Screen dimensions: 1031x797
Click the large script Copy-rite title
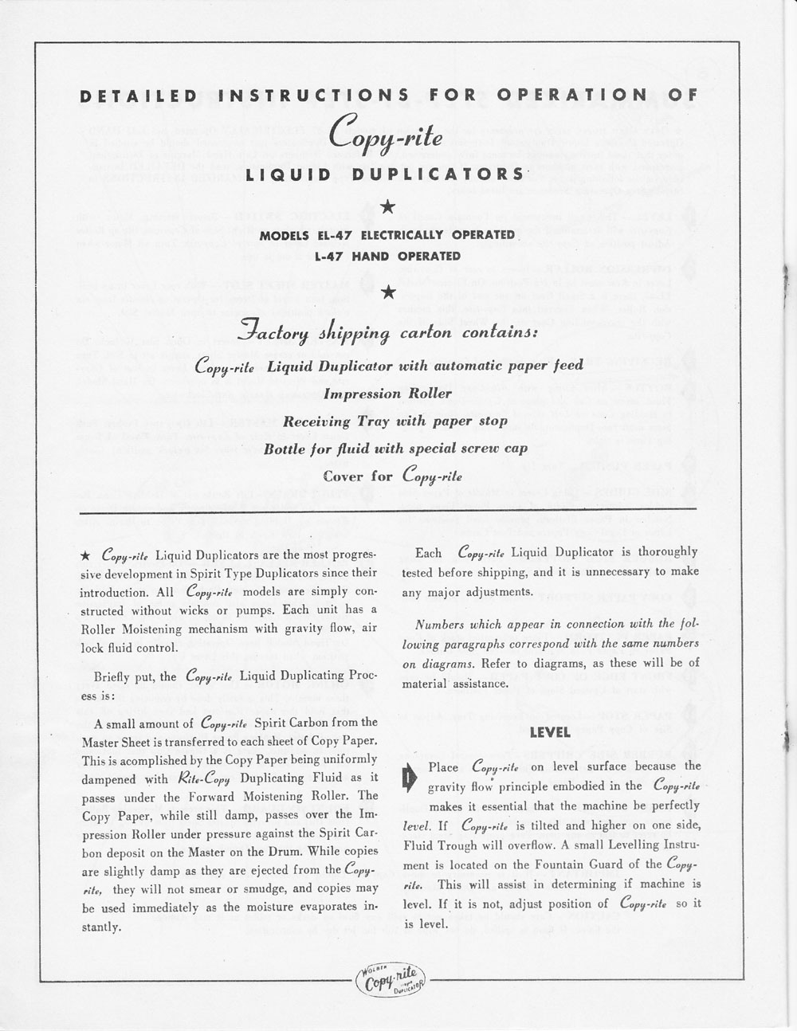(388, 131)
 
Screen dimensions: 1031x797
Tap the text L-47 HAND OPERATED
(388, 257)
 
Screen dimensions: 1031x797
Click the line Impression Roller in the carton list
(388, 394)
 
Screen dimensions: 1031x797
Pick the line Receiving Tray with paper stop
(388, 421)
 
